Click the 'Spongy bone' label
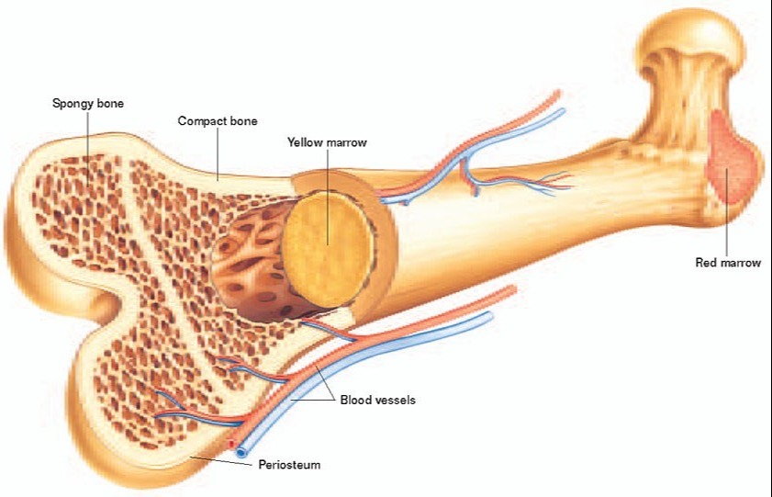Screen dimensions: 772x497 pyautogui.click(x=87, y=104)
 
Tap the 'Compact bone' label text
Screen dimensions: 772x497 pyautogui.click(x=218, y=121)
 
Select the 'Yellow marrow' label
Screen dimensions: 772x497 pyautogui.click(x=327, y=142)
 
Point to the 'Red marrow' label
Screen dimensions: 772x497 pyautogui.click(x=728, y=263)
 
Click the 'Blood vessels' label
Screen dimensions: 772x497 pyautogui.click(x=377, y=400)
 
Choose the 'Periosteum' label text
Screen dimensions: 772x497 pyautogui.click(x=289, y=465)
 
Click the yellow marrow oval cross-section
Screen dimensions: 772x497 pyautogui.click(x=328, y=249)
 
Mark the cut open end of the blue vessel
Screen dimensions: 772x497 pyautogui.click(x=241, y=452)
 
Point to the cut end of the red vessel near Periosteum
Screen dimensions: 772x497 pyautogui.click(x=230, y=444)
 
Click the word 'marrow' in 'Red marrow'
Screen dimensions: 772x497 pyautogui.click(x=741, y=263)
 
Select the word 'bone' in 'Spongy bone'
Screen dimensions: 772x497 pyautogui.click(x=111, y=104)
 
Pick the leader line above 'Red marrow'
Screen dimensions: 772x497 pyautogui.click(x=727, y=212)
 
